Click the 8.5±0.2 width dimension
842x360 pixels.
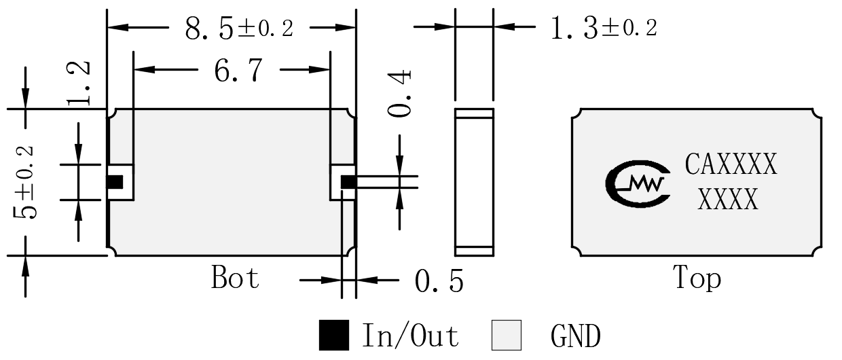(239, 29)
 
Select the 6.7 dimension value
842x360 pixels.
(238, 71)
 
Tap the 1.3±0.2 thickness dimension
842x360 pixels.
(604, 29)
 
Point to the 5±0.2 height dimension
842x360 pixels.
(24, 182)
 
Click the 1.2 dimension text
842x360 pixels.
(79, 83)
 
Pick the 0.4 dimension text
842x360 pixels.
(399, 93)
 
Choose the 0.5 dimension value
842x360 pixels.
(439, 281)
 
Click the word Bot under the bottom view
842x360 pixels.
(236, 277)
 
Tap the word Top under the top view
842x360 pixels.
(697, 278)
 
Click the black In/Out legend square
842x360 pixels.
(334, 335)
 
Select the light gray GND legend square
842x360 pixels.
(507, 335)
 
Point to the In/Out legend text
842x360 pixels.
(410, 335)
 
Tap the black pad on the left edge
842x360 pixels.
(115, 182)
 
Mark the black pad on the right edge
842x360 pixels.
(348, 182)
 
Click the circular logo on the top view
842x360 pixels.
(638, 184)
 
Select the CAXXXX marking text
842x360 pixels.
(731, 164)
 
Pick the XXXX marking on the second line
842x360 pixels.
(728, 199)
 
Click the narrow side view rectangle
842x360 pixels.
(474, 183)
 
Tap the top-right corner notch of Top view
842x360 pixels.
(817, 113)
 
